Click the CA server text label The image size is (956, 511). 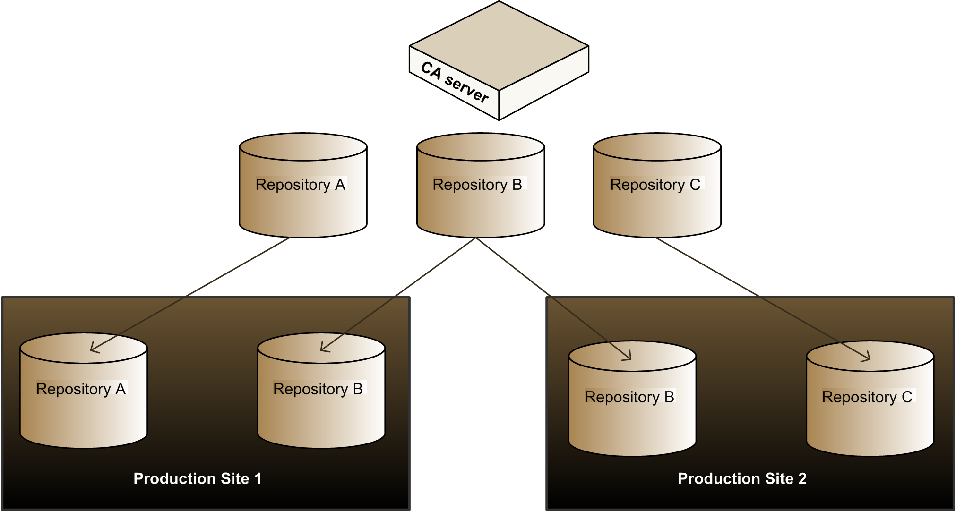coord(454,83)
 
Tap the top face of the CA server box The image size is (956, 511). coord(499,45)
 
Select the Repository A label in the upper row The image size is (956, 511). coord(301,184)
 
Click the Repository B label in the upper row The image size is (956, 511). coord(477,184)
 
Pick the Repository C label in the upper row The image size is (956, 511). coord(655,184)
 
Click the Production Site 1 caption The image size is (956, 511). coord(197,478)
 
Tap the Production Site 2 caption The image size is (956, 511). coord(742,478)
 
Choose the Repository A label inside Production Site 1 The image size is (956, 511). coord(81,389)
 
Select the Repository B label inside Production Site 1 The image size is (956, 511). coord(318,389)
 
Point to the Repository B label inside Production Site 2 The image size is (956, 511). coord(629,397)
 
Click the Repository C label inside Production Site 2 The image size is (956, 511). coord(867,397)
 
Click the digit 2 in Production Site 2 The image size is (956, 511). coord(802,478)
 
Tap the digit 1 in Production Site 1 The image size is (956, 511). coord(258,478)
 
